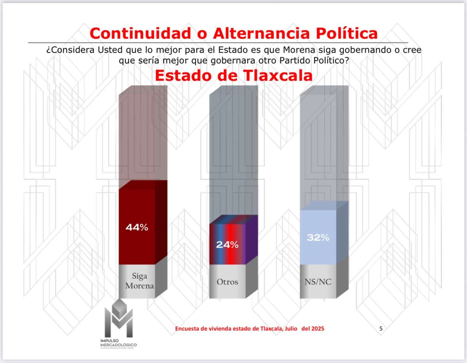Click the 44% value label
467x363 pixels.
click(137, 227)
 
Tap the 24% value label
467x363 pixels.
click(227, 244)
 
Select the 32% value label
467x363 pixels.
click(318, 237)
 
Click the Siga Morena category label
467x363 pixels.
click(139, 281)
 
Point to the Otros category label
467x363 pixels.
click(227, 282)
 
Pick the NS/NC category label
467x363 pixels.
click(318, 282)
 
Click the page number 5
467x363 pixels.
click(381, 329)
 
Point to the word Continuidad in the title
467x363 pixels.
click(140, 34)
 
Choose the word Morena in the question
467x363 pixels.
click(299, 50)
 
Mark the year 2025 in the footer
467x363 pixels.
click(318, 329)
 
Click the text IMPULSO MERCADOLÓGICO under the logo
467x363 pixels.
click(119, 343)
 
